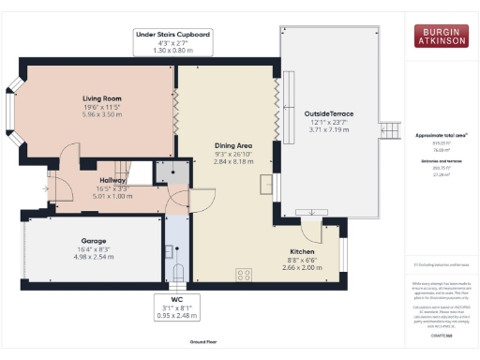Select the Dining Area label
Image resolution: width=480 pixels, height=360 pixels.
233,146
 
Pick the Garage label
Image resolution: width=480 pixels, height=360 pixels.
92,240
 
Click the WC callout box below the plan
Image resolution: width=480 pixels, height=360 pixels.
174,307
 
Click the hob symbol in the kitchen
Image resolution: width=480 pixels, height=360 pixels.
245,275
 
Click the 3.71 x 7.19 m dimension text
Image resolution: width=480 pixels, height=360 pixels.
327,129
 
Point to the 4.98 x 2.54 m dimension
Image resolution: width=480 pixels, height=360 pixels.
92,257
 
